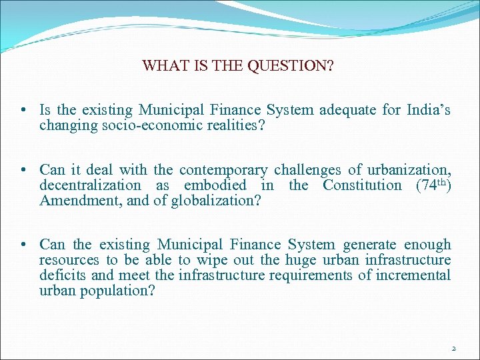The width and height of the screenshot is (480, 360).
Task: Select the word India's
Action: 429,110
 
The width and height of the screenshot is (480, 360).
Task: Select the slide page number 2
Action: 453,348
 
